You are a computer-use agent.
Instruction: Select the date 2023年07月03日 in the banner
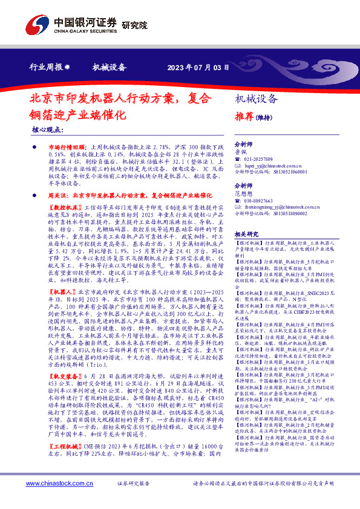tap(190, 67)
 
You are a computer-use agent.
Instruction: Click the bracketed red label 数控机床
tap(62, 207)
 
